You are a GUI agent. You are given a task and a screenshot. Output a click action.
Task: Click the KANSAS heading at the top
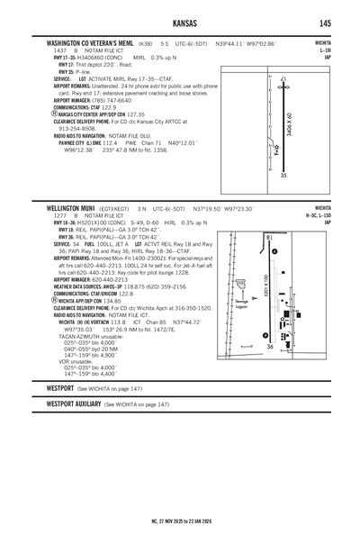coord(181,23)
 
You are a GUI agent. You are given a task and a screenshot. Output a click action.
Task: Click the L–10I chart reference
coord(338,49)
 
